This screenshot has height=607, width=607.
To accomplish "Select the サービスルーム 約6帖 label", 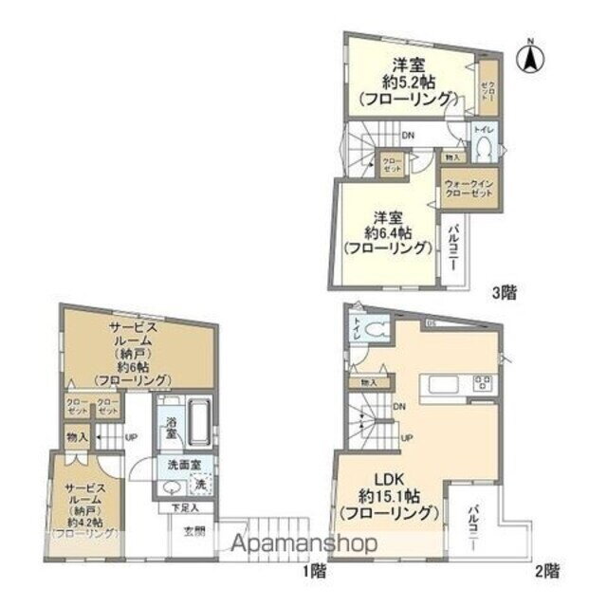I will pos(132,353).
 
